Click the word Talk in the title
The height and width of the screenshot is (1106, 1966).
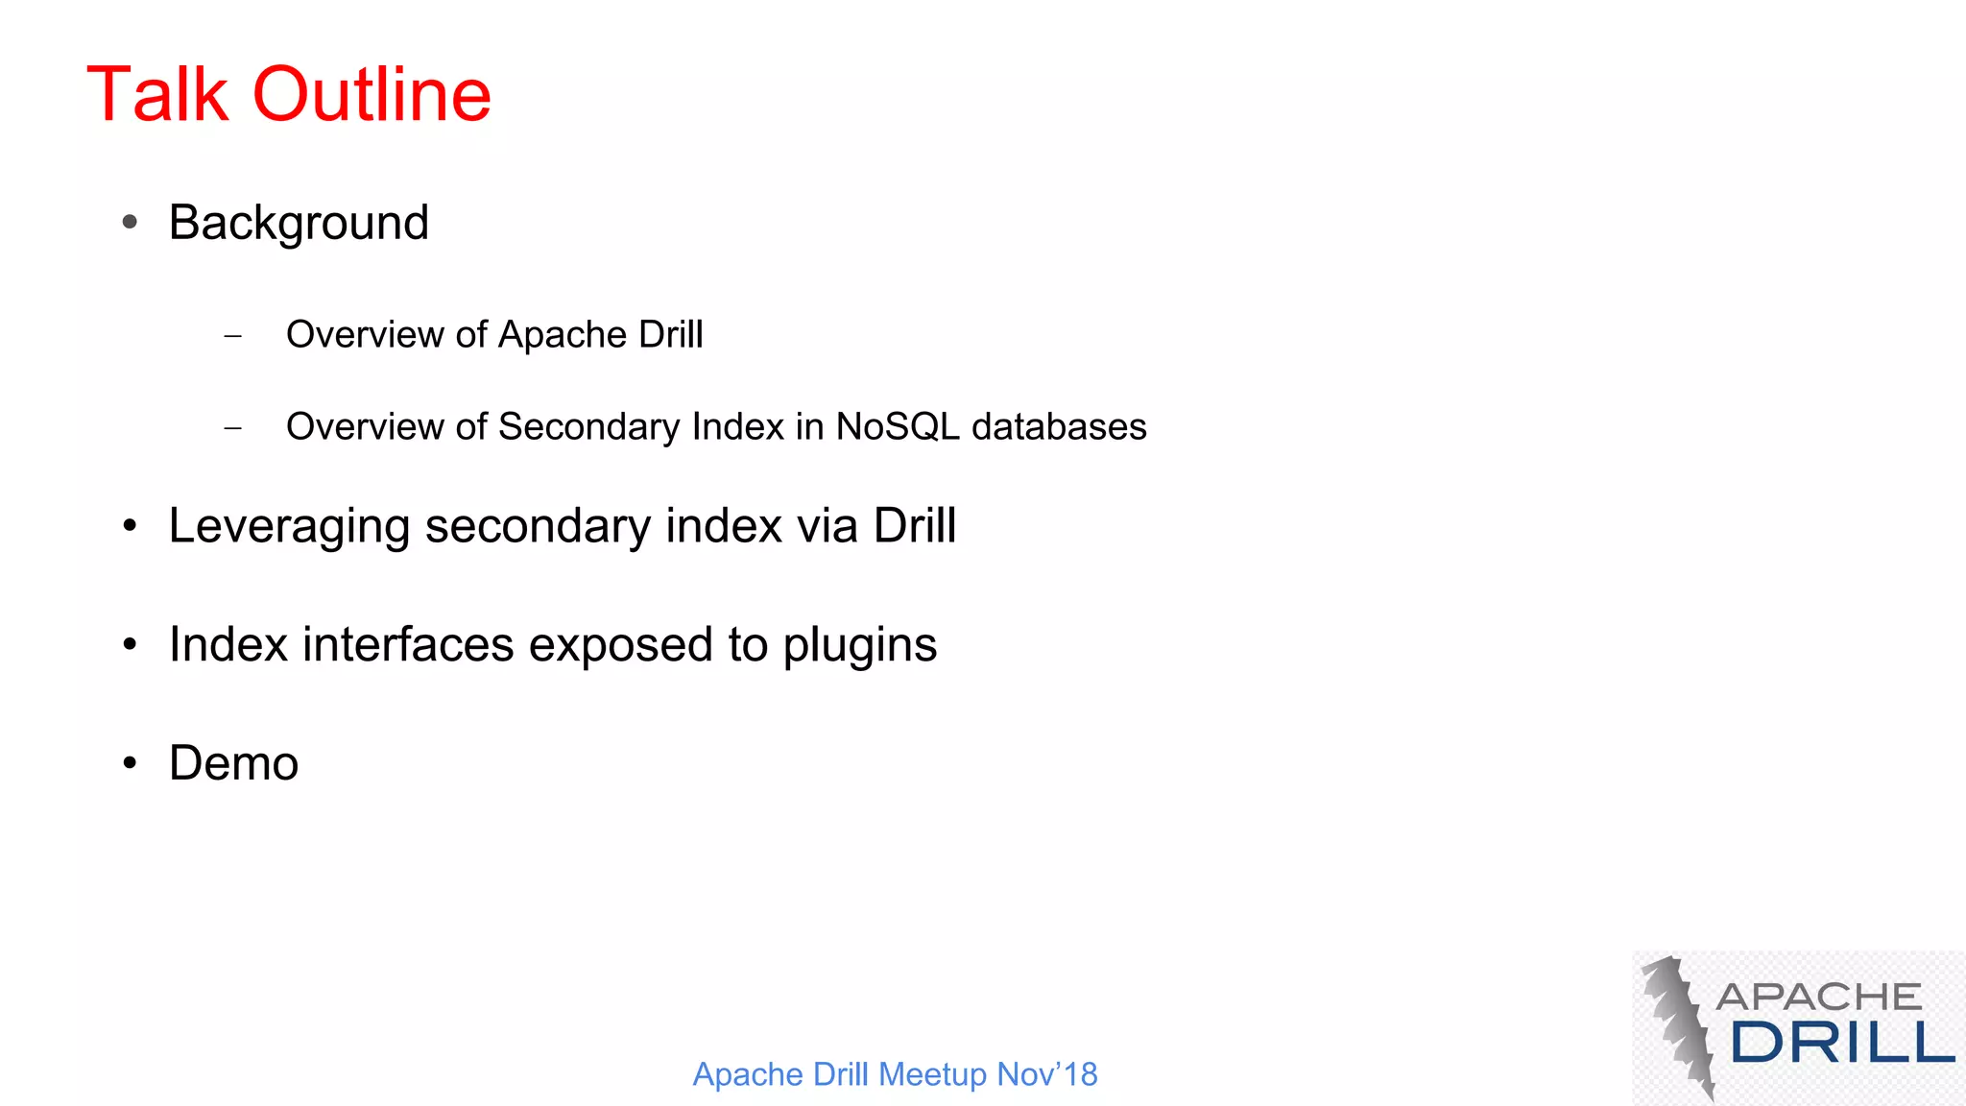(157, 95)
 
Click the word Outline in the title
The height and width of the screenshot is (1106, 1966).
(372, 95)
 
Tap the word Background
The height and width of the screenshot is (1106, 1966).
(299, 224)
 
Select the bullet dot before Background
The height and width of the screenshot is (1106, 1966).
(131, 223)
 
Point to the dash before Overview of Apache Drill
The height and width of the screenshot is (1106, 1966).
(232, 336)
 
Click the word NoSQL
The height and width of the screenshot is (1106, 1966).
(897, 426)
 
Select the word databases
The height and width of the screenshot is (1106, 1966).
(1059, 426)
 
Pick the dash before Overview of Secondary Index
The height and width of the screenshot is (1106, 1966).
(232, 427)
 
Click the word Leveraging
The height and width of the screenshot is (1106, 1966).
(289, 527)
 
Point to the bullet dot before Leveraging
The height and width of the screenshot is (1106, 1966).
(131, 526)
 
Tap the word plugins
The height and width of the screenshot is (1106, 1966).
(859, 646)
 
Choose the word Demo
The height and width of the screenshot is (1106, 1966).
(233, 763)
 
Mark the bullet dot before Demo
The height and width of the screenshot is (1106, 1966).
(131, 763)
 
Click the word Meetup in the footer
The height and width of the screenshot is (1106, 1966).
(933, 1074)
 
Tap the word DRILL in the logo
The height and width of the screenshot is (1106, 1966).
(1842, 1043)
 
